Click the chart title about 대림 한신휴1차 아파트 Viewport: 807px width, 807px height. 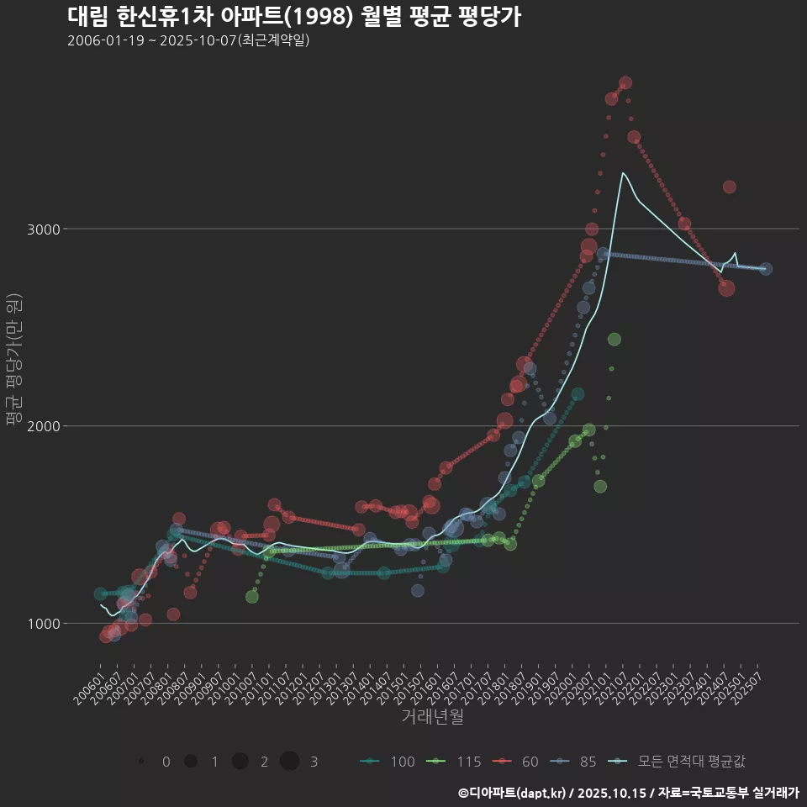coord(293,16)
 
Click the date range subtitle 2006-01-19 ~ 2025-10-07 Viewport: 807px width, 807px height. coord(189,40)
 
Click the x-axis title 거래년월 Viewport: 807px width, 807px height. coord(432,716)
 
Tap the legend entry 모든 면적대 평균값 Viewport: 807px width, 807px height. coord(679,762)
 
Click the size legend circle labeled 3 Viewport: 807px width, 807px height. coord(289,762)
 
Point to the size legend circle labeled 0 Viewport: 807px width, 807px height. coord(141,762)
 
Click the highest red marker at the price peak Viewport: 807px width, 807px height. coord(625,83)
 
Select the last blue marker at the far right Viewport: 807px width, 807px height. coord(766,269)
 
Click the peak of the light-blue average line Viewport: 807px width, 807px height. coord(622,173)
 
